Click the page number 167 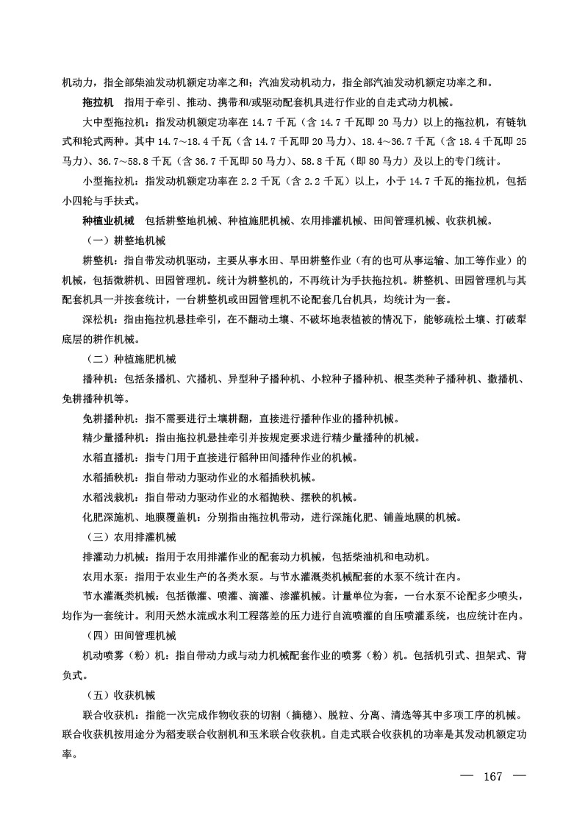492,778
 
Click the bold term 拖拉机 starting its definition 98,102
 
